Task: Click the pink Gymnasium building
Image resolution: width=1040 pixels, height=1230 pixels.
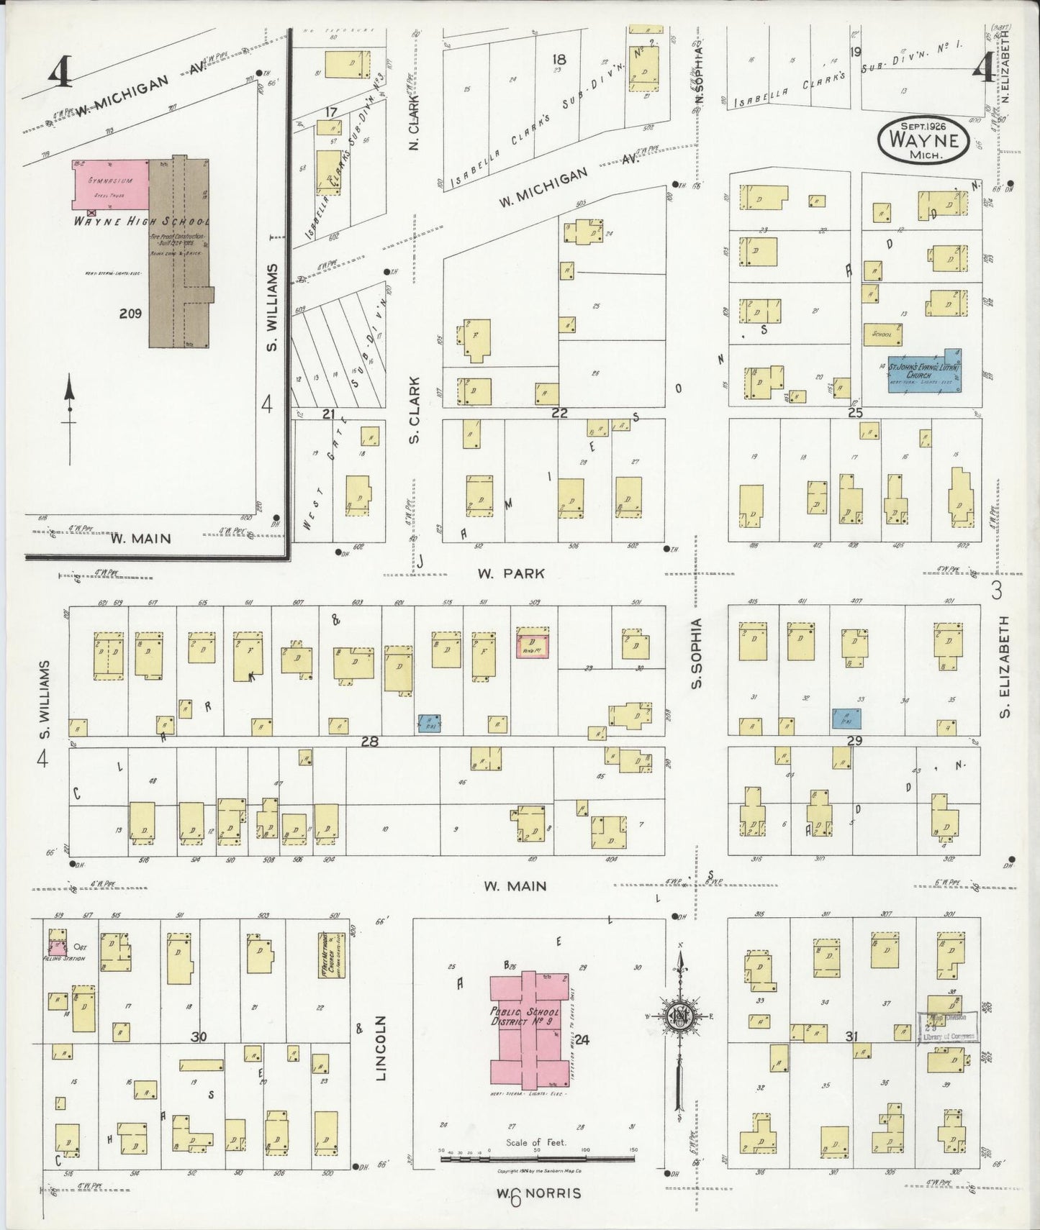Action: (x=110, y=185)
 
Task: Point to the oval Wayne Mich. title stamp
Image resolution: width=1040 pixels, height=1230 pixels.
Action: (x=922, y=138)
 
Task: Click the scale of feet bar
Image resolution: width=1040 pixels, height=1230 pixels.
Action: (x=537, y=1157)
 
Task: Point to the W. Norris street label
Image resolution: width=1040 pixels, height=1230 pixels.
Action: (x=538, y=1193)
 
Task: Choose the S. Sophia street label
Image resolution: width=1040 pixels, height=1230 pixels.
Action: (x=696, y=652)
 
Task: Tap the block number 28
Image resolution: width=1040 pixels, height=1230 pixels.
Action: (x=369, y=741)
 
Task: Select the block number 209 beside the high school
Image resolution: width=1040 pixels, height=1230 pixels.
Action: (x=130, y=313)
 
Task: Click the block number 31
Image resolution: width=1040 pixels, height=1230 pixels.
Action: (x=852, y=1037)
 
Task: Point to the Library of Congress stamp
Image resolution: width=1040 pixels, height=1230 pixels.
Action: (x=949, y=1026)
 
